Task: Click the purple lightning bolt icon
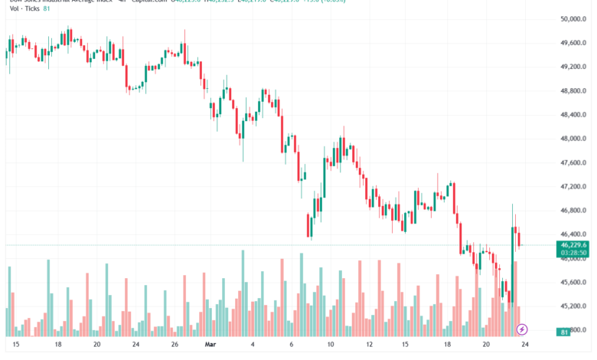(x=522, y=329)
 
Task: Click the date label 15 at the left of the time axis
(x=16, y=345)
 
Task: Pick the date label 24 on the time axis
(x=522, y=345)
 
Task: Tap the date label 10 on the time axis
(x=329, y=345)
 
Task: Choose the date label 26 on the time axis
(x=175, y=345)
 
